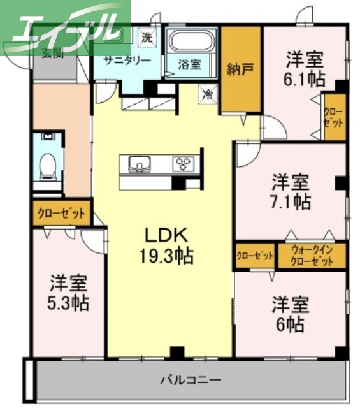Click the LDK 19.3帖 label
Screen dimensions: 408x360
[167, 245]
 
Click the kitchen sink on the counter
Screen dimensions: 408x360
[139, 164]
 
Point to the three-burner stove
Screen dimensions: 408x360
[184, 164]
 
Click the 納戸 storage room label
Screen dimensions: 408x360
[240, 69]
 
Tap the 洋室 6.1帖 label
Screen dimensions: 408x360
[305, 69]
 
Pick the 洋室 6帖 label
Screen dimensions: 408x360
[292, 312]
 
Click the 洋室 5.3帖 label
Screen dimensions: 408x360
[69, 292]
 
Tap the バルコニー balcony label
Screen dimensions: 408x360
[191, 381]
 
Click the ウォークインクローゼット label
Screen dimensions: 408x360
[312, 256]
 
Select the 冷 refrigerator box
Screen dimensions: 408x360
[208, 93]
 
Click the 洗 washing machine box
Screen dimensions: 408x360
[147, 37]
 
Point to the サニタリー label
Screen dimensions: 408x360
[127, 61]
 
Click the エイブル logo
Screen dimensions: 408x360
[64, 25]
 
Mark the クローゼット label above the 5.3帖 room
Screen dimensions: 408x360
[62, 212]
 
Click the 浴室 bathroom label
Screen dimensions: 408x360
[189, 65]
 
